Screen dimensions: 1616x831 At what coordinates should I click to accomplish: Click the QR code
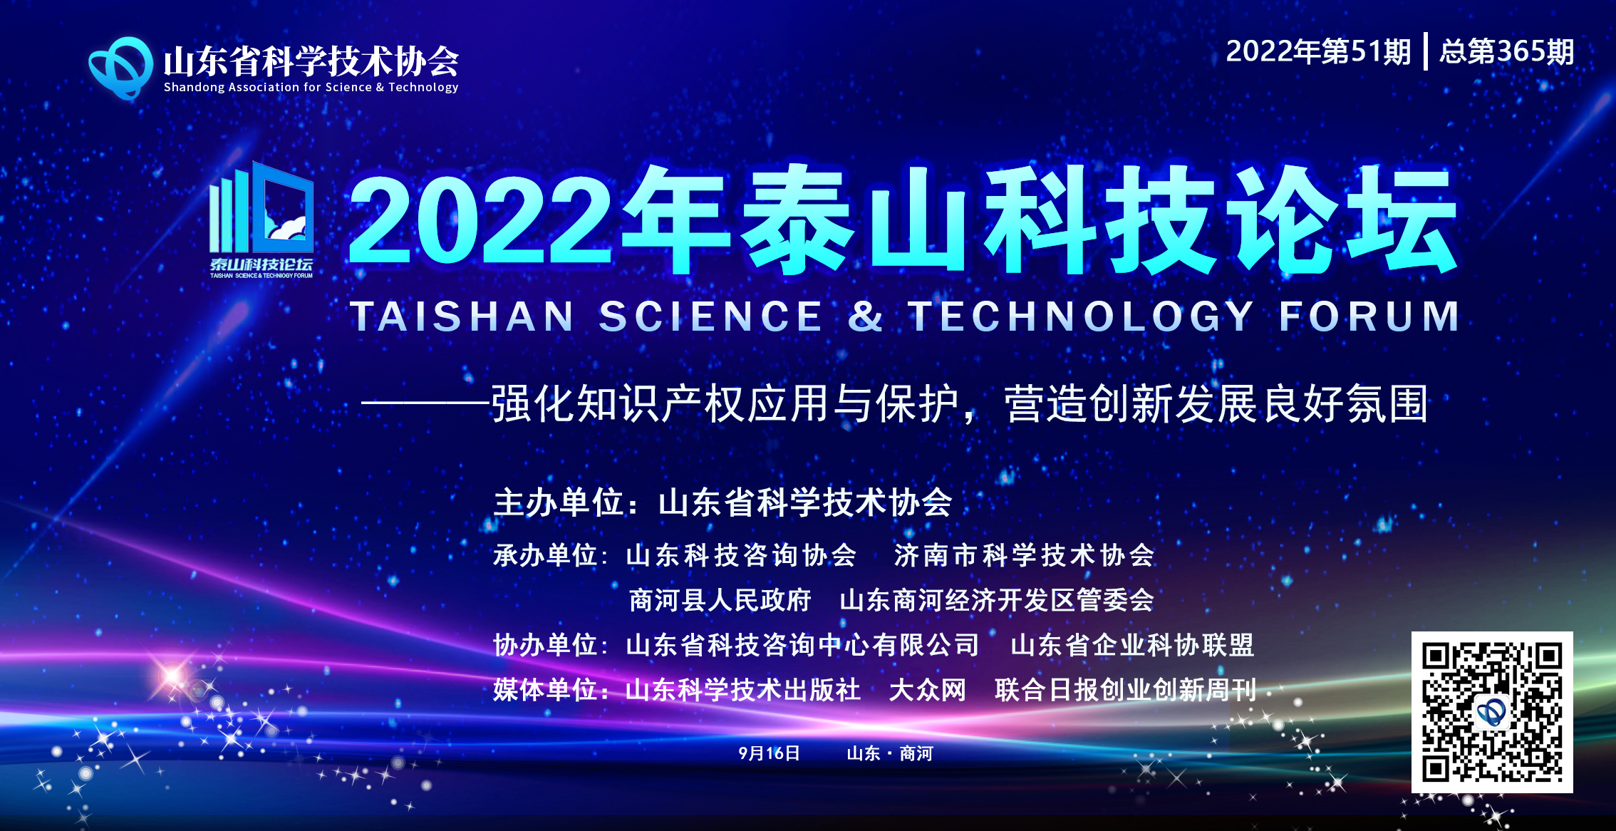click(1492, 712)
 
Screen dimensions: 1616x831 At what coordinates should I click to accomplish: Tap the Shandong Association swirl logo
click(120, 68)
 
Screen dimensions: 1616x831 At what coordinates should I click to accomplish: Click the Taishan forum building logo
click(261, 220)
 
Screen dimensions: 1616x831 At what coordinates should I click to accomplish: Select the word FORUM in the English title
click(1369, 316)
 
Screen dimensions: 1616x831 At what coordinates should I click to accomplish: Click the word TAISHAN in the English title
click(462, 316)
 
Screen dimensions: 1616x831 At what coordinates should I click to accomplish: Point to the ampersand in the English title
click(865, 316)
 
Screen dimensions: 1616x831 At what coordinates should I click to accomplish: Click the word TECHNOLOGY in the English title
click(1080, 316)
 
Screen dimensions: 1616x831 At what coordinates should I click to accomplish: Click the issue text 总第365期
click(1507, 52)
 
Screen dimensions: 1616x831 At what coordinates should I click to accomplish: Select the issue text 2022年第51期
click(1318, 52)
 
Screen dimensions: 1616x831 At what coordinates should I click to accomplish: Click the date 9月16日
click(769, 753)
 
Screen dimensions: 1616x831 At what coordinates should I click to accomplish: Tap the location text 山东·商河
click(889, 753)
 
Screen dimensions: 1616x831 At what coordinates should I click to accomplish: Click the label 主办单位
click(559, 502)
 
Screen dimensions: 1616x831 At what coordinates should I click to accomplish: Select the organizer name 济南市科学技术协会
click(1025, 555)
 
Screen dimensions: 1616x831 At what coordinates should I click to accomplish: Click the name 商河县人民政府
click(720, 600)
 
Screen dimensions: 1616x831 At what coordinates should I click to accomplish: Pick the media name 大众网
click(928, 690)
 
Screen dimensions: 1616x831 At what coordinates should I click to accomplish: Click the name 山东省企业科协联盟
click(1132, 645)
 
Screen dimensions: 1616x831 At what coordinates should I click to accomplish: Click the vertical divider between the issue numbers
click(1426, 51)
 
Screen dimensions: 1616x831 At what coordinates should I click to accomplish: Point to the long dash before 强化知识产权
click(426, 403)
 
